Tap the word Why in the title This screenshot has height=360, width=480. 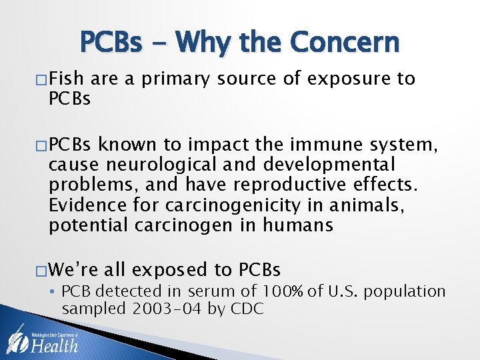click(205, 43)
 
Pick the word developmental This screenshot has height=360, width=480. click(330, 164)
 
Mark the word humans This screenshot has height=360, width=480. click(298, 225)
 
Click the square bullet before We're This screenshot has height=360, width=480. click(41, 270)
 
